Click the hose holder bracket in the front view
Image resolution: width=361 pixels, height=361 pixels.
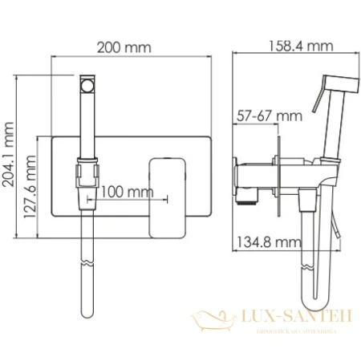coord(87,175)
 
